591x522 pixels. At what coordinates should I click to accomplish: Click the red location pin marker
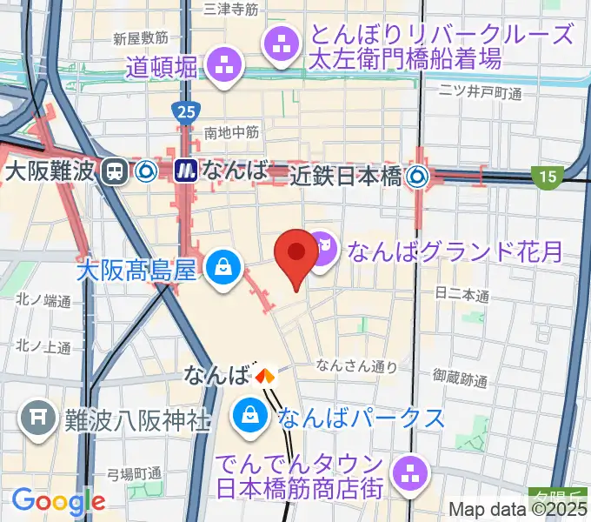coord(295,254)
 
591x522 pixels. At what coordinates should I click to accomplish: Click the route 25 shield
coord(183,112)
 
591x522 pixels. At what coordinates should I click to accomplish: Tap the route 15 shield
coord(546,177)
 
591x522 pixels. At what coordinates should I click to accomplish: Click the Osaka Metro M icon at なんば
coord(185,171)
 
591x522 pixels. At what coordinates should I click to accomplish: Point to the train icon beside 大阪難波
coord(112,171)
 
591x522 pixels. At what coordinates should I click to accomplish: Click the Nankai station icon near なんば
coord(264,376)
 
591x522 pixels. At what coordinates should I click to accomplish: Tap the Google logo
coord(58,501)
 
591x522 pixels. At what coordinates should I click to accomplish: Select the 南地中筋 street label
coord(231,132)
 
